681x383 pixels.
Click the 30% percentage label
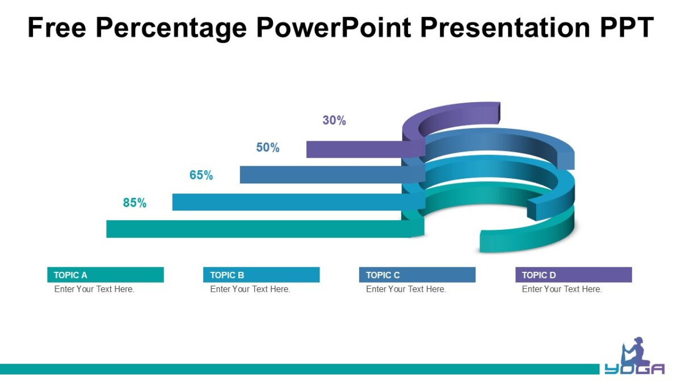334,120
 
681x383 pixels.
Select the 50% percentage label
268,148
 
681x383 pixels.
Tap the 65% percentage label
201,175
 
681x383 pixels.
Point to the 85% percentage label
134,203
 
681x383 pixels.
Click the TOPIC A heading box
106,275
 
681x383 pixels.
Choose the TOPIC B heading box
261,275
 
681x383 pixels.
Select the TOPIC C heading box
417,275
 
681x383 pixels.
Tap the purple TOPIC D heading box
573,275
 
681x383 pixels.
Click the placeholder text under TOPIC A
94,289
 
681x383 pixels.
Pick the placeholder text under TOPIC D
562,289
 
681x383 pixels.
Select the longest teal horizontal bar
255,229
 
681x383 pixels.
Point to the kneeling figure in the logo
634,351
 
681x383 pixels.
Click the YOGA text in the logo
634,369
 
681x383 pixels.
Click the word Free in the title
58,27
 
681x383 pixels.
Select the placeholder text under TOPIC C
406,289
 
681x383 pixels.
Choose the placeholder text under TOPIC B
250,289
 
